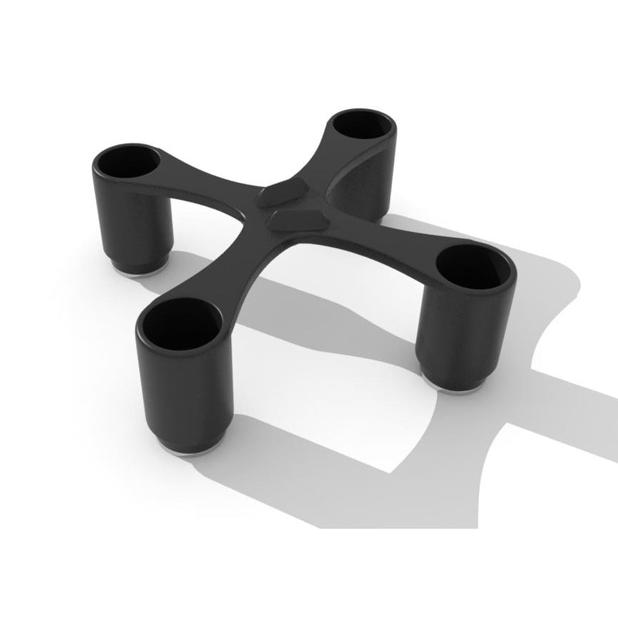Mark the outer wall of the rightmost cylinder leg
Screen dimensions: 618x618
pyautogui.click(x=456, y=332)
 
